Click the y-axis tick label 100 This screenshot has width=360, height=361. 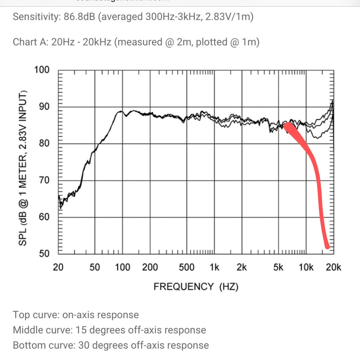click(x=42, y=70)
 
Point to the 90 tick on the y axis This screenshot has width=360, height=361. click(x=44, y=107)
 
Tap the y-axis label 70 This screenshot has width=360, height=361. click(x=44, y=180)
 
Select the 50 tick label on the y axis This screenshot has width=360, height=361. click(x=44, y=253)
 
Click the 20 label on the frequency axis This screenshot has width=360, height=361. click(x=58, y=267)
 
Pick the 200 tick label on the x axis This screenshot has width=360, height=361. click(x=150, y=267)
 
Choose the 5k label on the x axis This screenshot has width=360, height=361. click(x=278, y=267)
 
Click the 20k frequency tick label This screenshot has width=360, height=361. click(x=334, y=267)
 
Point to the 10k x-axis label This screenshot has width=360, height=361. click(x=306, y=267)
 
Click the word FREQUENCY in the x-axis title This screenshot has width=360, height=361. click(x=183, y=286)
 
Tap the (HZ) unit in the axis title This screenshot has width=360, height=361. click(x=229, y=286)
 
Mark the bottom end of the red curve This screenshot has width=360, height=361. click(x=328, y=247)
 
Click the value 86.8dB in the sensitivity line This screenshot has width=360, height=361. click(x=79, y=17)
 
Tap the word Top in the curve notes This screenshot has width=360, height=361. click(x=21, y=315)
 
